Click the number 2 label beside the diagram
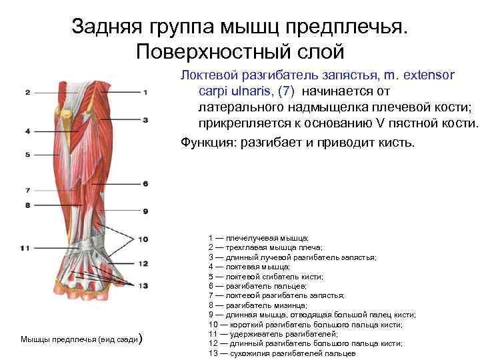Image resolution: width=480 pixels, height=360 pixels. (27, 92)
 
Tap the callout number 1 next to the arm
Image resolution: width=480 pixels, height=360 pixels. (145, 92)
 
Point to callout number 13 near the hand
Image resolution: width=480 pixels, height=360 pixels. (144, 285)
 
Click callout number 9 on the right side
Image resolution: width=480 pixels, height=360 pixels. (145, 211)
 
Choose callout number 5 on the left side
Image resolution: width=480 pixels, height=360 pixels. (27, 155)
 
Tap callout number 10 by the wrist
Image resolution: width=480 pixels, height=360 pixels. (144, 239)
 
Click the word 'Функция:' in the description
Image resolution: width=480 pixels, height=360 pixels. (209, 141)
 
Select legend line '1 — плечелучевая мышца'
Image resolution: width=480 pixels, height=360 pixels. (257, 237)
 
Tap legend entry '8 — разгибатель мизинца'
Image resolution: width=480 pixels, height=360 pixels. (259, 305)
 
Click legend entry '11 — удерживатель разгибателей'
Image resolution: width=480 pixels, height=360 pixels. (273, 333)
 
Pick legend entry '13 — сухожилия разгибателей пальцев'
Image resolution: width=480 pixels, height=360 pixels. (282, 353)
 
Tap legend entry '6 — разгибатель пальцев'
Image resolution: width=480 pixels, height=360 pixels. (257, 285)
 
